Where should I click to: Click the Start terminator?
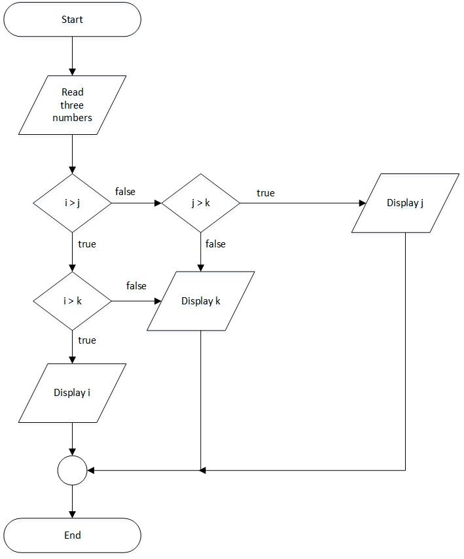[72, 20]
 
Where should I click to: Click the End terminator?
[72, 535]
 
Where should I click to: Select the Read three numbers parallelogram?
[72, 105]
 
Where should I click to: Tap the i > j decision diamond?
[72, 203]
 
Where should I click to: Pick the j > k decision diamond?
[200, 203]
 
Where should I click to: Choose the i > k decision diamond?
[72, 301]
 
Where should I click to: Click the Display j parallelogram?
[405, 203]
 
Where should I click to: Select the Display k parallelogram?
[200, 301]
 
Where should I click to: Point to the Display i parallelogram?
[72, 393]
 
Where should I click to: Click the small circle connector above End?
[72, 470]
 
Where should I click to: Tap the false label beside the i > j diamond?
[125, 192]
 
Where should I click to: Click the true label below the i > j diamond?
[86, 244]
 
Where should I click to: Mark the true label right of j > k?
[265, 193]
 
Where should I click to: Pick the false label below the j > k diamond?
[215, 244]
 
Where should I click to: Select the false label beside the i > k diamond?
[135, 286]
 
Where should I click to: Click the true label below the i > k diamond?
[86, 340]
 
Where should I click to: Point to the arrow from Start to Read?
[72, 56]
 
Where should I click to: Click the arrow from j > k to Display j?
[301, 203]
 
